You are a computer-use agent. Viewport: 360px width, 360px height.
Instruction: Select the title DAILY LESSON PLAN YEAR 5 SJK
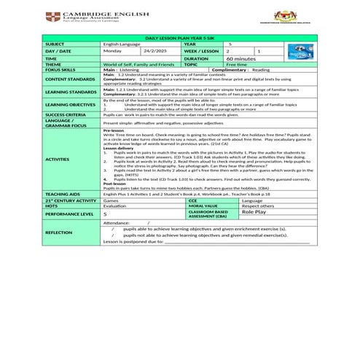pyautogui.click(x=179, y=36)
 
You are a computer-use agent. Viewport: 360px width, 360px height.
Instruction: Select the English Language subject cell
pyautogui.click(x=120, y=44)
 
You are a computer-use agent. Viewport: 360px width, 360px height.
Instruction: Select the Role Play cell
pyautogui.click(x=254, y=211)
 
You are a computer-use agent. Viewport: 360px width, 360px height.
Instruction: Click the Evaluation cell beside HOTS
pyautogui.click(x=116, y=206)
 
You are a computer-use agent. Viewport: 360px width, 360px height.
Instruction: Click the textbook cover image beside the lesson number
pyautogui.click(x=299, y=52)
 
